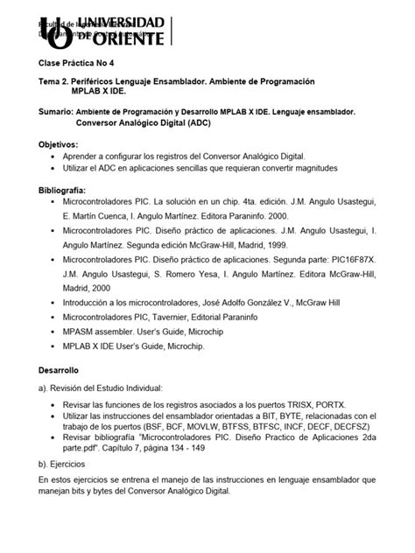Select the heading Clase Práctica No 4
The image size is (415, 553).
pos(75,64)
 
